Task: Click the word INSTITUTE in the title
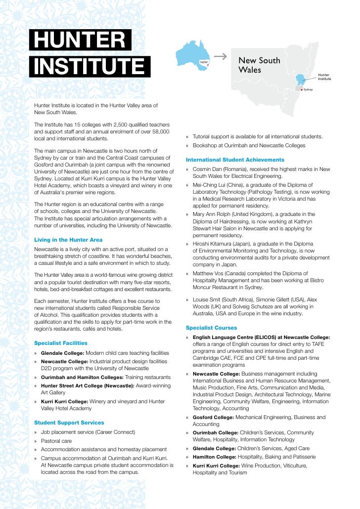click(89, 66)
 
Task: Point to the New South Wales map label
click(259, 65)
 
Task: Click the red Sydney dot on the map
click(301, 90)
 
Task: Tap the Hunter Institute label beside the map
click(324, 77)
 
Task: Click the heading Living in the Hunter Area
click(68, 240)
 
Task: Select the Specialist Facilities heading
click(60, 343)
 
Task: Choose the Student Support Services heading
click(69, 423)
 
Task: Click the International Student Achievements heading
click(235, 160)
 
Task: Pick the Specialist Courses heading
click(211, 328)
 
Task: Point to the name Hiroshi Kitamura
click(215, 244)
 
